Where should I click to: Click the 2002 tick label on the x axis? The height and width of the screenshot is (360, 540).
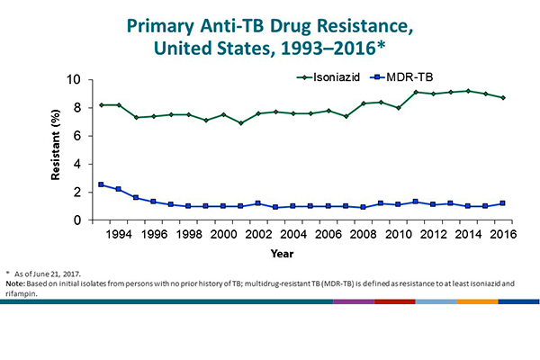pyautogui.click(x=257, y=235)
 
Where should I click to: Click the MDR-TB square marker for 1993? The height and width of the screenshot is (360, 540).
pyautogui.click(x=102, y=184)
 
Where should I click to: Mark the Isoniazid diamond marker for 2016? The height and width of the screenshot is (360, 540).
pyautogui.click(x=500, y=97)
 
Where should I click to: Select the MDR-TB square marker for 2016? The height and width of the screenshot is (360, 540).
pyautogui.click(x=500, y=203)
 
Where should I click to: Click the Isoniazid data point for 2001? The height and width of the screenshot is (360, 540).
pyautogui.click(x=240, y=122)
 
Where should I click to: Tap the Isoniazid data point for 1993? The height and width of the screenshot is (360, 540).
pyautogui.click(x=102, y=104)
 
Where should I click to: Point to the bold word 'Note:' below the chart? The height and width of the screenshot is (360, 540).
pyautogui.click(x=16, y=283)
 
